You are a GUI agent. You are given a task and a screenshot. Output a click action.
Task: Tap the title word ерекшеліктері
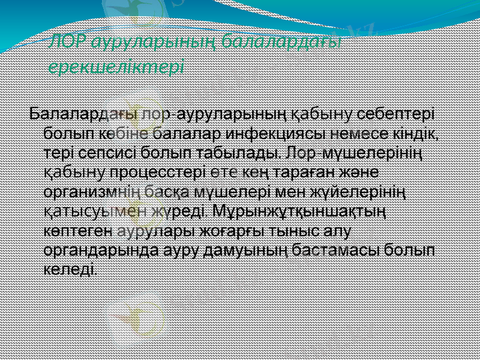[x=116, y=66]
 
